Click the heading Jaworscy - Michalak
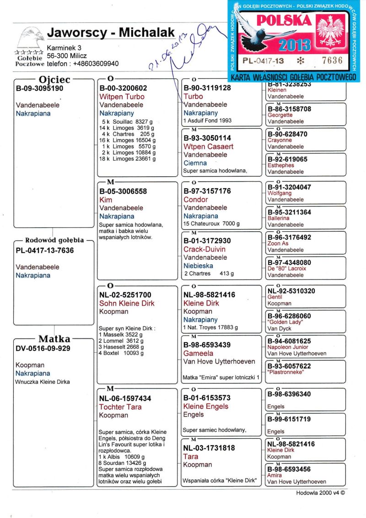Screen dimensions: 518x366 pos(111,33)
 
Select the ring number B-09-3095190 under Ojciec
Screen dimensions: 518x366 pos(39,88)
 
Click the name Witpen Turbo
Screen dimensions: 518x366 pos(122,97)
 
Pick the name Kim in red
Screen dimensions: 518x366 pos(106,200)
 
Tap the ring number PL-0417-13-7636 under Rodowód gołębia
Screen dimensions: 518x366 pos(45,251)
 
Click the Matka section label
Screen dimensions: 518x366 pos(54,339)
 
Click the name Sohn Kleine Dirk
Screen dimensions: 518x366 pos(127,303)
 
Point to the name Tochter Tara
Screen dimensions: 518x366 pos(120,407)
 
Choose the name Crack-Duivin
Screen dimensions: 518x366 pos(205,249)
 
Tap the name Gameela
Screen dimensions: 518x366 pos(199,353)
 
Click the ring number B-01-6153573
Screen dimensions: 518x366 pos(207,398)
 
